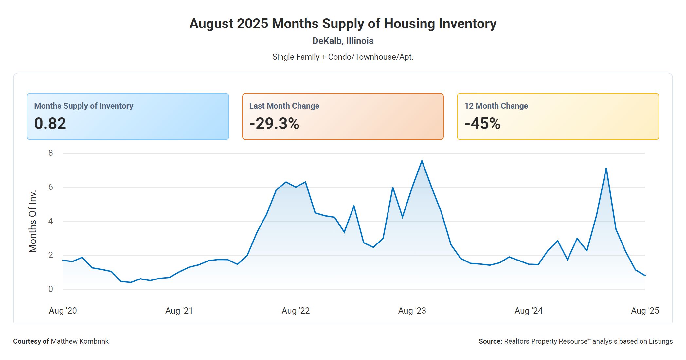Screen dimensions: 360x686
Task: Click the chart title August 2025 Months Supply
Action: point(343,24)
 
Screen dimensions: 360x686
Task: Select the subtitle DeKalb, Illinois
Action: point(343,41)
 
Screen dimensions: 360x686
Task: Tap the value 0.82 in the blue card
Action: point(50,124)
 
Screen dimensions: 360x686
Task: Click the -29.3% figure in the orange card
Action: point(274,124)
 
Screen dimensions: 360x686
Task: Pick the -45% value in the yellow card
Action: point(482,124)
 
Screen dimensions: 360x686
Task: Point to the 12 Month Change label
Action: point(496,106)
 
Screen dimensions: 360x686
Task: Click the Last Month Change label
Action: point(284,106)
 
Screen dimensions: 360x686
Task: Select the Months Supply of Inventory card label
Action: point(83,106)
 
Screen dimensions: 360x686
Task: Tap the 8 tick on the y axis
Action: point(50,153)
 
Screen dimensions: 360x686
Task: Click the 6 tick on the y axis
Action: point(50,187)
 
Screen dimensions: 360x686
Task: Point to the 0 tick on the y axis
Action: point(50,289)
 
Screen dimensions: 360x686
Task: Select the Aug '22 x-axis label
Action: point(296,311)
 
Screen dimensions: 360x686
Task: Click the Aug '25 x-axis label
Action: point(645,311)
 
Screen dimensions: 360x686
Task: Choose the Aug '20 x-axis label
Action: point(63,311)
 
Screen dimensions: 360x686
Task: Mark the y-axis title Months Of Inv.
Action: point(33,221)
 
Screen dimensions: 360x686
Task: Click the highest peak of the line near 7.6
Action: point(422,160)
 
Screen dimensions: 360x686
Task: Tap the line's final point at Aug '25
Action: point(645,276)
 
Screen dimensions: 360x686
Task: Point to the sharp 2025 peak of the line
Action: point(606,168)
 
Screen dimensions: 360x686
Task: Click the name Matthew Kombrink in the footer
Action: point(80,341)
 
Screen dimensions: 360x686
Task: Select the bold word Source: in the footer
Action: point(490,341)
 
